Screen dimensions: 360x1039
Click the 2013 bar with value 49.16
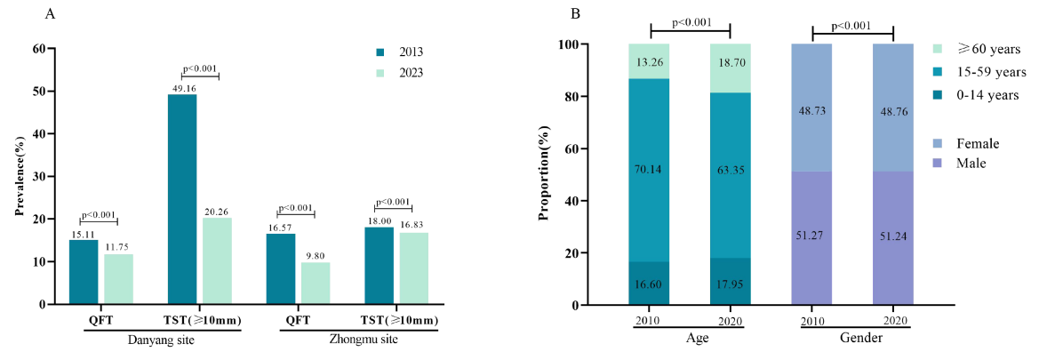182,199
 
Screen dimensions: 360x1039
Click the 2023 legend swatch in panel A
379,72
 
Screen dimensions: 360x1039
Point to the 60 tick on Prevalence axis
39,48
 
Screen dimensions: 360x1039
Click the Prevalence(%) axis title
19,175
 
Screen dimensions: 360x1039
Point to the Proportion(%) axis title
544,175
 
